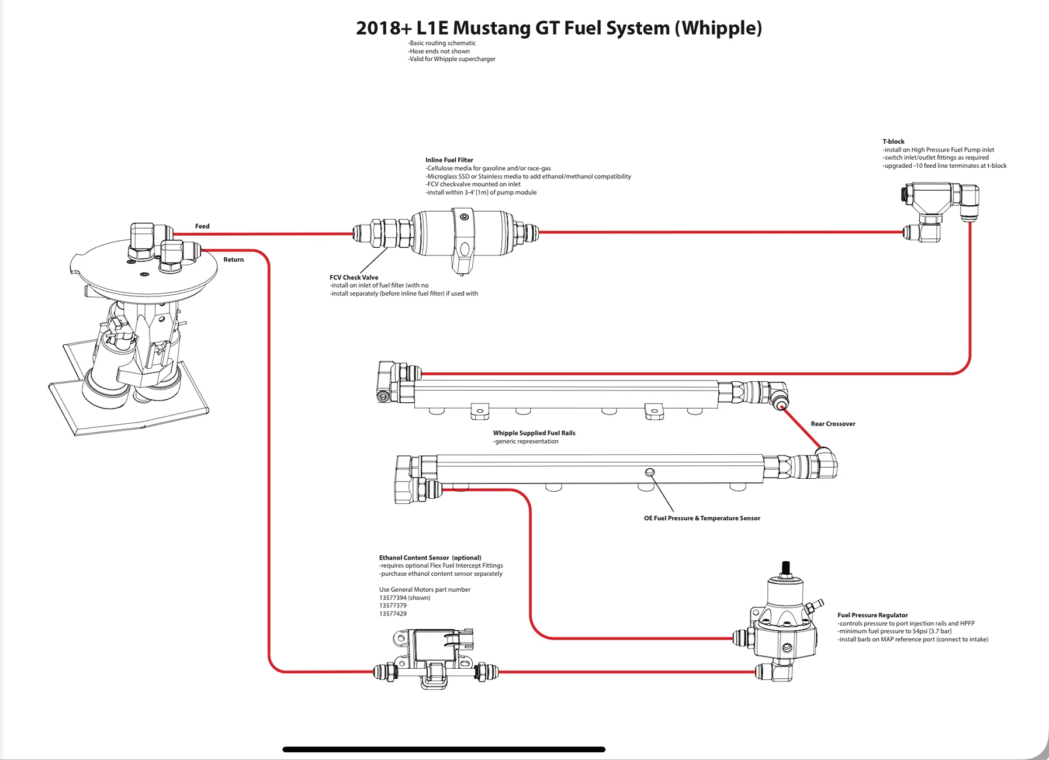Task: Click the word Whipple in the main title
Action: pyautogui.click(x=718, y=28)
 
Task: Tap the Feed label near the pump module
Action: pyautogui.click(x=202, y=226)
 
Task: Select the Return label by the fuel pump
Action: pyautogui.click(x=234, y=260)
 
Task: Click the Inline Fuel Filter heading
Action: pyautogui.click(x=449, y=160)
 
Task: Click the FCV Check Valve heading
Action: pyautogui.click(x=354, y=278)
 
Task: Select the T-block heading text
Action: pyautogui.click(x=894, y=141)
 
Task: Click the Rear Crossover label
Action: pyautogui.click(x=833, y=424)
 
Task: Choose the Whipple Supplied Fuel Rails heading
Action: pyautogui.click(x=534, y=433)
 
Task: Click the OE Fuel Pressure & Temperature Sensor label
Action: pyautogui.click(x=702, y=518)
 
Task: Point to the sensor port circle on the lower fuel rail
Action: pyautogui.click(x=649, y=472)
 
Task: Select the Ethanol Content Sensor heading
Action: pyautogui.click(x=430, y=558)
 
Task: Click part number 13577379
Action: pyautogui.click(x=393, y=606)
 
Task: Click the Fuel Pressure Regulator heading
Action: pyautogui.click(x=873, y=615)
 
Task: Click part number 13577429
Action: pyautogui.click(x=393, y=614)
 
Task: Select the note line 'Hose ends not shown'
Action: pyautogui.click(x=439, y=51)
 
